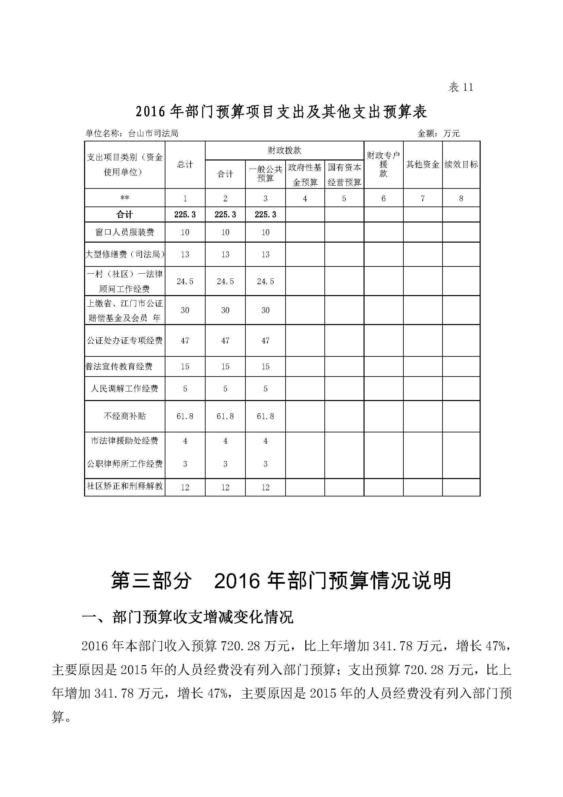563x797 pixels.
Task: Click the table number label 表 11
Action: coord(461,87)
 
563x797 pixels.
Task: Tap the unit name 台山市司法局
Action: coord(153,134)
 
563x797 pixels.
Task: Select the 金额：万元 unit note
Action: coord(438,134)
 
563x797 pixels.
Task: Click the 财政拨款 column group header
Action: coord(284,151)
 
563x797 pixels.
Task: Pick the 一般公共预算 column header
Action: coord(265,174)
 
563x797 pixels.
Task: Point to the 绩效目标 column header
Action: coord(461,165)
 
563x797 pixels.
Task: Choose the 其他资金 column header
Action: coord(423,165)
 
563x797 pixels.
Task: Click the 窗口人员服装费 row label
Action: coord(125,232)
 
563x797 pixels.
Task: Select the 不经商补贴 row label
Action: coord(125,416)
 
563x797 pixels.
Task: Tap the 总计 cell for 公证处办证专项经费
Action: coord(185,340)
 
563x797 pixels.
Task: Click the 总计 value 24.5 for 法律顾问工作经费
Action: coord(185,281)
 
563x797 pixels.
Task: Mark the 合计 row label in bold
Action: coord(125,215)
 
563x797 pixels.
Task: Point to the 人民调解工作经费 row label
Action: coord(125,388)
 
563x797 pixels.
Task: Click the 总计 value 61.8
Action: coord(185,416)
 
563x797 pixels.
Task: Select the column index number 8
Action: coord(461,199)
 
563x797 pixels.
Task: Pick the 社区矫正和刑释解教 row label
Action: coord(125,486)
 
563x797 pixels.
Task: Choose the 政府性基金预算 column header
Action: coord(305,174)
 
